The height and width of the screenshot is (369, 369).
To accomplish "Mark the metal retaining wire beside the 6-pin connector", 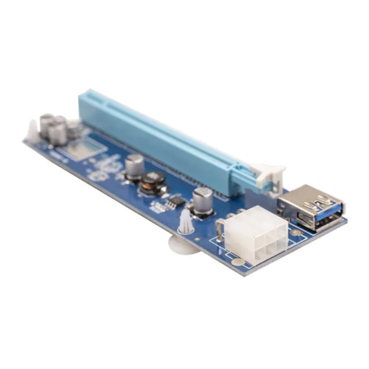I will click(219, 231).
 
